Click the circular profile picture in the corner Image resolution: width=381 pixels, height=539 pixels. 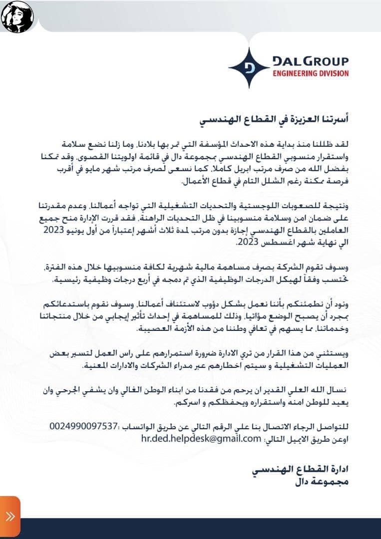click(17, 16)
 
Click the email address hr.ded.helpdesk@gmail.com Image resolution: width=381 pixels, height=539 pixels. click(202, 438)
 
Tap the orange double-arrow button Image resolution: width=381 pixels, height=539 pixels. click(10, 517)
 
